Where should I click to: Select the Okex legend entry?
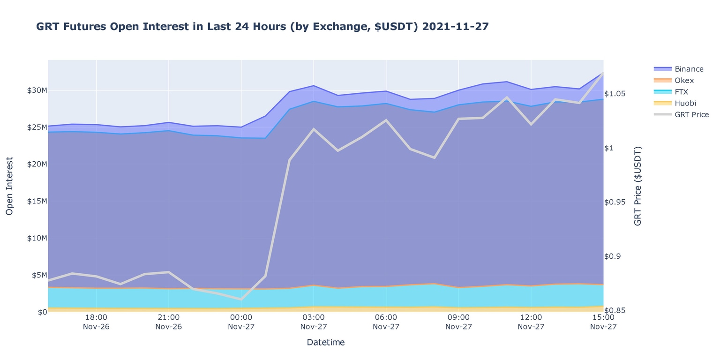684,81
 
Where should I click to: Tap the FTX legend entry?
681,92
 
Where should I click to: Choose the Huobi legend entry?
685,103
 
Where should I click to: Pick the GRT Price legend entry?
691,115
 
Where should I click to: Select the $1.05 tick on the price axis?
615,94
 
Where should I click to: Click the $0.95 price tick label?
615,202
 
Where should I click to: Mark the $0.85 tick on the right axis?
615,310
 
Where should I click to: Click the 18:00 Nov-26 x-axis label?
96,322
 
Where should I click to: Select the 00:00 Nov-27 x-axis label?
241,322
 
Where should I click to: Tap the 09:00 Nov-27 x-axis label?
458,322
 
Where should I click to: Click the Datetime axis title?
325,343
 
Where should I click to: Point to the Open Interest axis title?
9,186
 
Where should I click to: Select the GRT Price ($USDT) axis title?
637,186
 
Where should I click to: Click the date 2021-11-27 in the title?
455,27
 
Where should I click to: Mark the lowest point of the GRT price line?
241,299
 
